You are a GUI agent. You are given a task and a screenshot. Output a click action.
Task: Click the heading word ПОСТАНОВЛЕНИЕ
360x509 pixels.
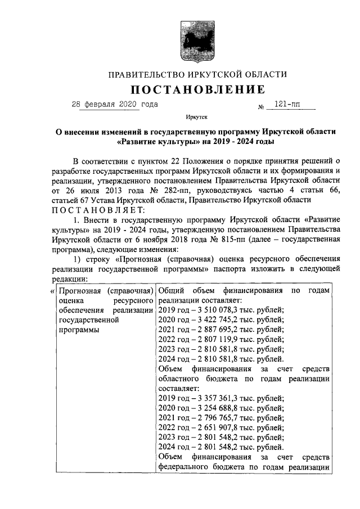click(198, 90)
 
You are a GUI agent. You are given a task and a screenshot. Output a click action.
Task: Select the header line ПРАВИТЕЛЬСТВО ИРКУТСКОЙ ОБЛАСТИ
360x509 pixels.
click(197, 74)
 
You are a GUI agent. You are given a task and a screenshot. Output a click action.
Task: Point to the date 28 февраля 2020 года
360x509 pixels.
click(115, 105)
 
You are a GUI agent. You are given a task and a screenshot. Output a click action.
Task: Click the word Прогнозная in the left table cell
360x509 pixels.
click(80, 291)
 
